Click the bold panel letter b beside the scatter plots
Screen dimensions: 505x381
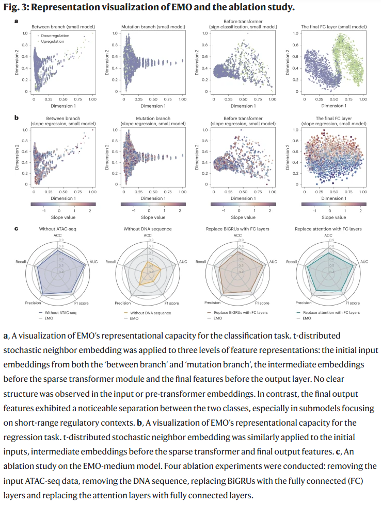click(x=16, y=118)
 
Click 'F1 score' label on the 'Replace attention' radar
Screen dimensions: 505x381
click(x=353, y=303)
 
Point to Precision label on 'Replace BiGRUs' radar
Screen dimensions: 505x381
click(x=213, y=303)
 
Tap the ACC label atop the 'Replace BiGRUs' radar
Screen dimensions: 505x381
click(x=237, y=235)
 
